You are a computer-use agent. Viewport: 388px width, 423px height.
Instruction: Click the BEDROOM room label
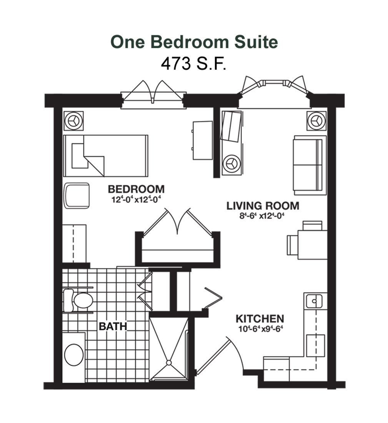[136, 189]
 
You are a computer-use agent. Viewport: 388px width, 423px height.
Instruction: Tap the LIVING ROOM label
[263, 206]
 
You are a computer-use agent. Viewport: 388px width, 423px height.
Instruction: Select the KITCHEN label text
[260, 319]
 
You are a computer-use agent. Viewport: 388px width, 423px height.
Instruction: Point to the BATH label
[113, 326]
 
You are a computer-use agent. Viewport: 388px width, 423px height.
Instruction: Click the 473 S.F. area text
[193, 64]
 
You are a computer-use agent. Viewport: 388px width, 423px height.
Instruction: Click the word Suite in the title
[256, 42]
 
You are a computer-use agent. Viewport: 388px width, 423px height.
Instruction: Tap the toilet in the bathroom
[78, 300]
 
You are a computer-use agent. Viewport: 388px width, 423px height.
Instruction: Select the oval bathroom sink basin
[74, 355]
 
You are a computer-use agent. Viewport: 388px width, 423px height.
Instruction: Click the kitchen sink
[314, 301]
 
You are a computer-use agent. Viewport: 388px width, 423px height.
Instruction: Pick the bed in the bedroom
[105, 156]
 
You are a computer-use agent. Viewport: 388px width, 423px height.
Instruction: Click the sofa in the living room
[310, 165]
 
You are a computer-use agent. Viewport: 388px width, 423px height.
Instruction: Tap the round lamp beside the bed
[74, 121]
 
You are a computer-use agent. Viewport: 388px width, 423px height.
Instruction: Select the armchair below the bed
[77, 196]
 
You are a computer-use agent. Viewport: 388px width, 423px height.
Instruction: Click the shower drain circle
[169, 363]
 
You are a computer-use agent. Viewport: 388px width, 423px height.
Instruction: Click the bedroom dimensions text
[136, 200]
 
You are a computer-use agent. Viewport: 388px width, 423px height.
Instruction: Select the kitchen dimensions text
[260, 329]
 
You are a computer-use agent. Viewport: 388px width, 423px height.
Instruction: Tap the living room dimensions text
[262, 216]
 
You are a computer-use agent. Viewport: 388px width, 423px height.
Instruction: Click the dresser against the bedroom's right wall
[203, 140]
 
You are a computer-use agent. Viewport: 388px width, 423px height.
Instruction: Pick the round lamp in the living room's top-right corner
[316, 121]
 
